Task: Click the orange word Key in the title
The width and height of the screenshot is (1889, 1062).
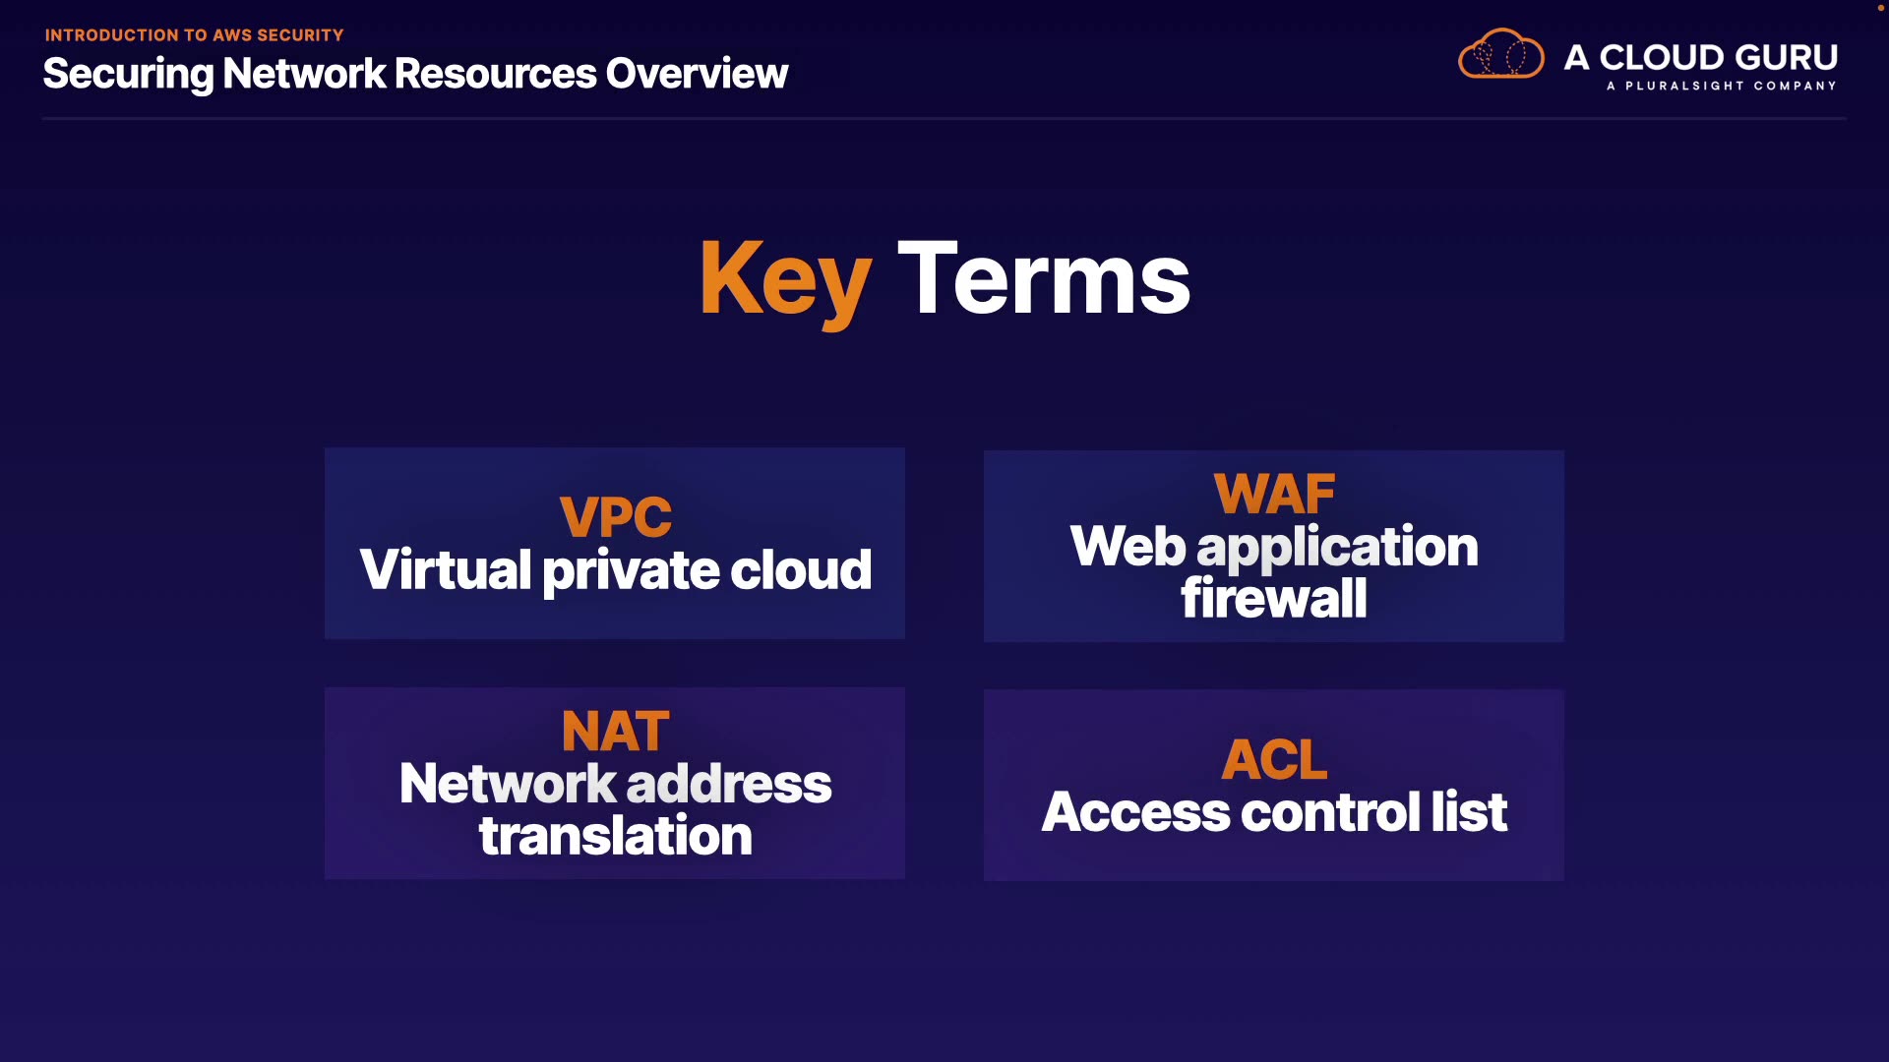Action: pos(785,281)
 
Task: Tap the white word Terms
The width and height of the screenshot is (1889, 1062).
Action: pos(1044,278)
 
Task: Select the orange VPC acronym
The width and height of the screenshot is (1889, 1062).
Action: pos(616,517)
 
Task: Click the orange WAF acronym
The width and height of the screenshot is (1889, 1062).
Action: pos(1274,494)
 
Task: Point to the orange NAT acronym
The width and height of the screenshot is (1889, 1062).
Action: pos(616,732)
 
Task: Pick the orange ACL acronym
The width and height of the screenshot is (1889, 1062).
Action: pos(1274,760)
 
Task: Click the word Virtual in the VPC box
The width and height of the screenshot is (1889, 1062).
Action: pos(446,569)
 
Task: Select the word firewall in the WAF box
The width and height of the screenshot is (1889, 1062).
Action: pos(1274,597)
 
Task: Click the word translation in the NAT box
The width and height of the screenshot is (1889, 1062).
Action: pos(616,836)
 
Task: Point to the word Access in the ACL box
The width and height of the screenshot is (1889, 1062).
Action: pos(1135,812)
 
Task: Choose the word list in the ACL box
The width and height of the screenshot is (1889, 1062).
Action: pos(1469,811)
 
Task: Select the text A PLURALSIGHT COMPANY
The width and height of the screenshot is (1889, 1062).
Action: pos(1722,86)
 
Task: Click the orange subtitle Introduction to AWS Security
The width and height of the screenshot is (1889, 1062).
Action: pos(194,35)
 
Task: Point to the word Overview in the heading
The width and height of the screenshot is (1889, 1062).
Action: pos(697,74)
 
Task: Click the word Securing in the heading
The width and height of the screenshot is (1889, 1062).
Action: pos(129,75)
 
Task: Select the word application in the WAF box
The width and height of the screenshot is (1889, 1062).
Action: pos(1337,548)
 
